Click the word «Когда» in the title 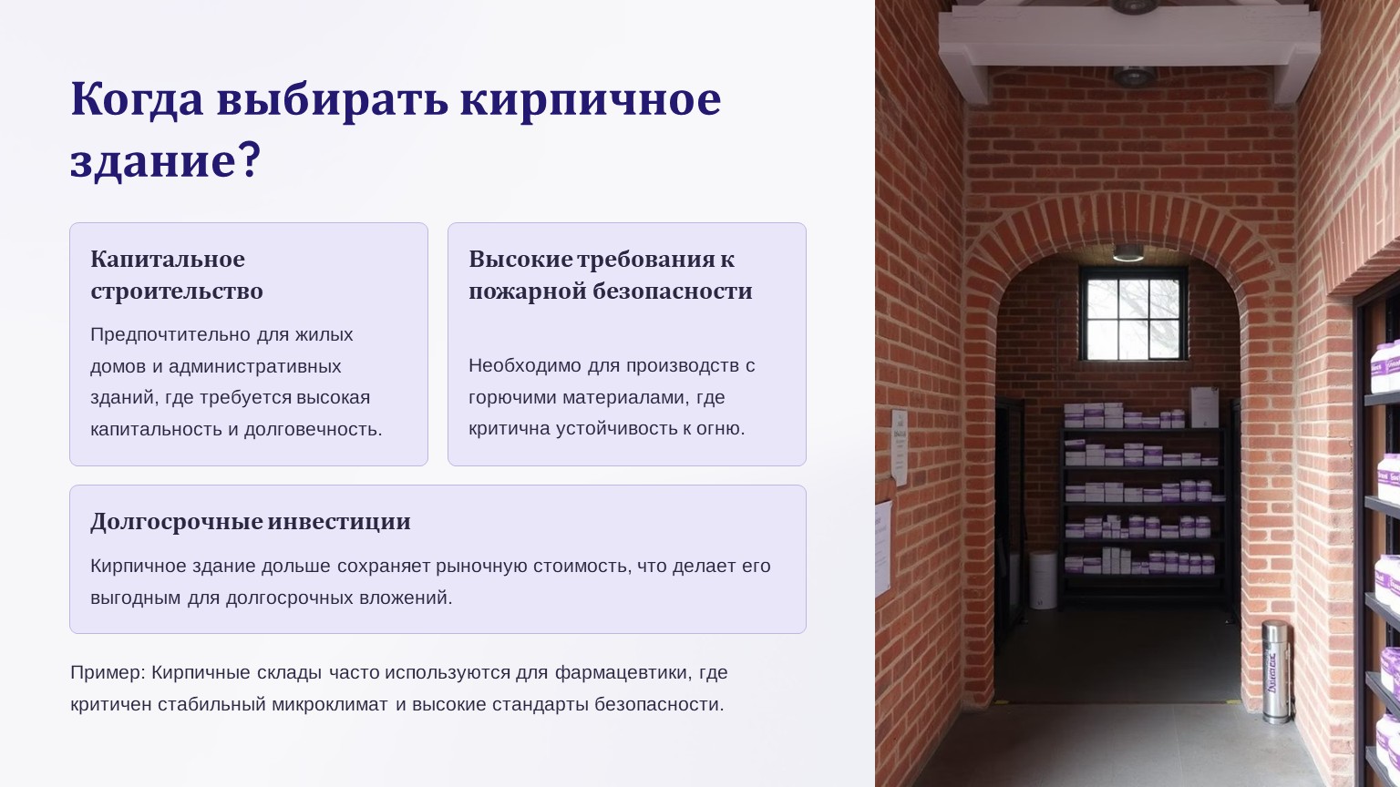click(137, 99)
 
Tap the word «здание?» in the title click(165, 160)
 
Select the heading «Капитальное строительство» click(177, 275)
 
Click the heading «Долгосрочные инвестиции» click(251, 522)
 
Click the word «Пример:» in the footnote click(108, 673)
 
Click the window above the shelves click(1133, 313)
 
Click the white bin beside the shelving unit click(1043, 579)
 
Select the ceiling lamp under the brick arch click(1128, 253)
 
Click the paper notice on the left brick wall click(900, 447)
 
